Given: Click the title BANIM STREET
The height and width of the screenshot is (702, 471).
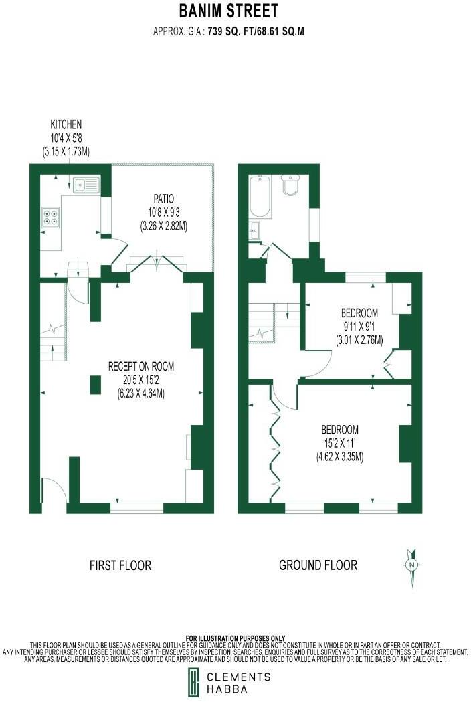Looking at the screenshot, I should coord(229,11).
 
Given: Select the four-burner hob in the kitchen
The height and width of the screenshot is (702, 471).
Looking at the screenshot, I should coord(50,217).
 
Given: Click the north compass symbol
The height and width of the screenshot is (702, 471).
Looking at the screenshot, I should coord(412,565).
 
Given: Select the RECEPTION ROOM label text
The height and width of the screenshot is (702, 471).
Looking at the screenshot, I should coord(141,366).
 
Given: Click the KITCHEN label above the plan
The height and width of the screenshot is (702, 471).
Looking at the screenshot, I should coord(66,124).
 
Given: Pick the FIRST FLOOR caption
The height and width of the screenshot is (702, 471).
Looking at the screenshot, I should coord(120,565).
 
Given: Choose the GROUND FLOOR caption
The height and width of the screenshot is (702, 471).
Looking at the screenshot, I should coord(318,565).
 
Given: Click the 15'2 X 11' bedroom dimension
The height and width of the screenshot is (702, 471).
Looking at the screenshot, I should coord(340,444).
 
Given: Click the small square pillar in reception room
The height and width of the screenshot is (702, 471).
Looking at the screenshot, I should coord(94,384).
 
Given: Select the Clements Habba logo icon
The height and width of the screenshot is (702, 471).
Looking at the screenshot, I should coord(193,683).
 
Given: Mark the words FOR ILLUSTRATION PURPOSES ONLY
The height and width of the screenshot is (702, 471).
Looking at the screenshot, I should coord(235,638).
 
